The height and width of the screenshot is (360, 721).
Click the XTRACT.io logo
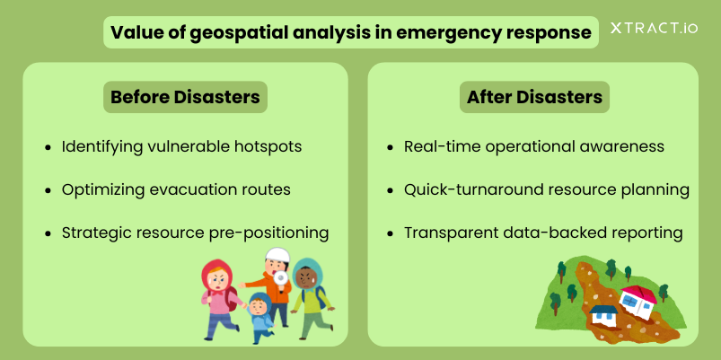tap(654, 28)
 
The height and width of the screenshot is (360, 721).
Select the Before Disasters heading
tap(185, 97)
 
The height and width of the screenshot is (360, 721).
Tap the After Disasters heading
tap(534, 97)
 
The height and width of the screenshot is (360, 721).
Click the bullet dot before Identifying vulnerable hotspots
tap(48, 148)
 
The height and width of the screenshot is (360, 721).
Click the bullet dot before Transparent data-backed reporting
tap(390, 234)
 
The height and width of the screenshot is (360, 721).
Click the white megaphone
tap(280, 277)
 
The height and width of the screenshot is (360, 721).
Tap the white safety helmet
tap(277, 255)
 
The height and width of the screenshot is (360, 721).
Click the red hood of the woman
tap(216, 275)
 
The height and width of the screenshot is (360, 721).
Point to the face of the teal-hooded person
tap(303, 277)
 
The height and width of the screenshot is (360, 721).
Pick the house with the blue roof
tap(602, 314)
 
